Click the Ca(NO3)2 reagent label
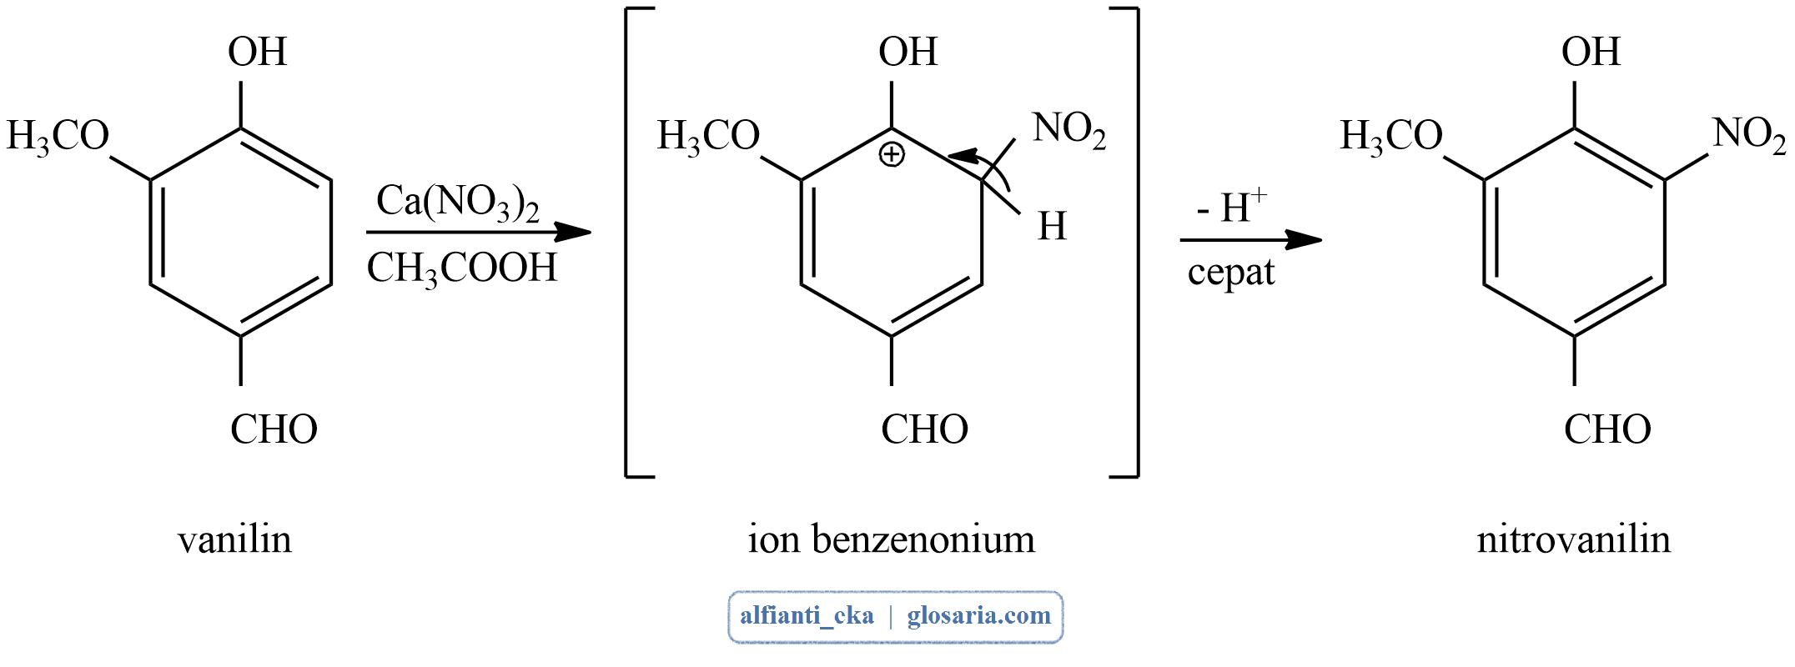pyautogui.click(x=457, y=202)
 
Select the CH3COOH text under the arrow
pyautogui.click(x=461, y=268)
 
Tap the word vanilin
pyautogui.click(x=234, y=539)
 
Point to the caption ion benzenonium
pyautogui.click(x=891, y=539)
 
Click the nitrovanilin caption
pyautogui.click(x=1573, y=539)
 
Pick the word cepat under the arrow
pyautogui.click(x=1230, y=273)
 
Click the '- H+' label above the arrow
pyautogui.click(x=1231, y=208)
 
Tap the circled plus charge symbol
pyautogui.click(x=892, y=155)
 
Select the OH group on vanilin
pyautogui.click(x=257, y=52)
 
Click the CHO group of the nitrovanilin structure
pyautogui.click(x=1607, y=429)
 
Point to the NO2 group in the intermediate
pyautogui.click(x=1068, y=129)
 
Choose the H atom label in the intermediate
pyautogui.click(x=1052, y=226)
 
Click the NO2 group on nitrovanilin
pyautogui.click(x=1749, y=133)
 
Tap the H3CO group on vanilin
pyautogui.click(x=58, y=136)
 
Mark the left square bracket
pyautogui.click(x=628, y=242)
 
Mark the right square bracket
pyautogui.click(x=1135, y=242)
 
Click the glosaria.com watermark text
pyautogui.click(x=978, y=616)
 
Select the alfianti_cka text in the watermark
pyautogui.click(x=807, y=616)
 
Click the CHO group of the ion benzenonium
pyautogui.click(x=924, y=429)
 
